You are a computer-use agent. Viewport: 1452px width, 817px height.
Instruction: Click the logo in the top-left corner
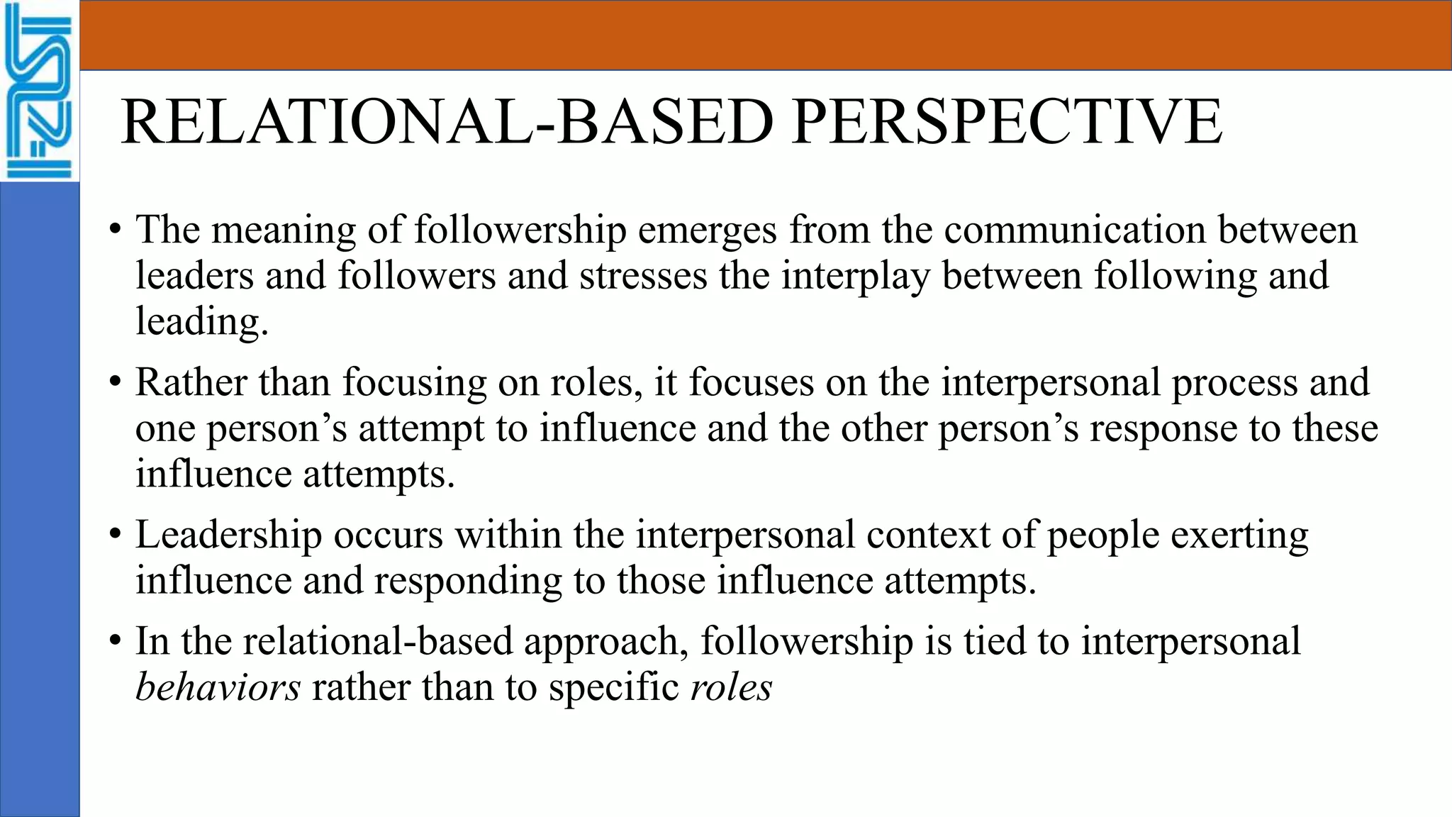pyautogui.click(x=39, y=91)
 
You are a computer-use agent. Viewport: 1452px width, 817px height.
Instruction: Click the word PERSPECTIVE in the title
pyautogui.click(x=1007, y=122)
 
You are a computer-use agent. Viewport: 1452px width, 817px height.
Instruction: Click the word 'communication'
pyautogui.click(x=1074, y=230)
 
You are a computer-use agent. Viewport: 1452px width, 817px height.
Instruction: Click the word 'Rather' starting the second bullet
pyautogui.click(x=191, y=383)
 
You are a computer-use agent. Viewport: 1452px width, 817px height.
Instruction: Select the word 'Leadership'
pyautogui.click(x=228, y=535)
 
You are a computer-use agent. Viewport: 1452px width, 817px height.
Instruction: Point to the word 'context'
pyautogui.click(x=928, y=535)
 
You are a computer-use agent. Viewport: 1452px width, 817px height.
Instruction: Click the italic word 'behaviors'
pyautogui.click(x=218, y=687)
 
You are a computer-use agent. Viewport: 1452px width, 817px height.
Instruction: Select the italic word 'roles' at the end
pyautogui.click(x=731, y=687)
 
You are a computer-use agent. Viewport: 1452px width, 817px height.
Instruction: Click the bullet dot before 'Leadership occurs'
pyautogui.click(x=116, y=535)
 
